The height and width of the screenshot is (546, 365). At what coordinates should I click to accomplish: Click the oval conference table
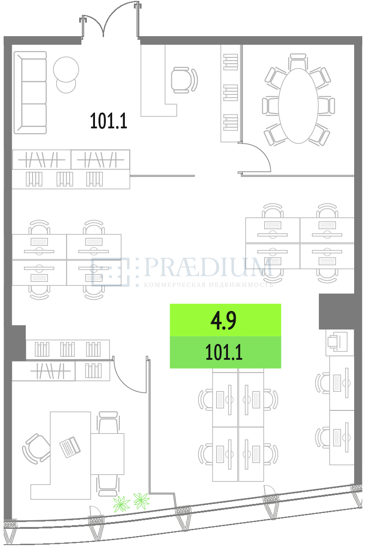298,106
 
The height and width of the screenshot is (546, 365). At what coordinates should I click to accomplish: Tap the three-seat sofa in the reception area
30,93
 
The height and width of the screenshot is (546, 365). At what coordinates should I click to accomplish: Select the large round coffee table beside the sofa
66,69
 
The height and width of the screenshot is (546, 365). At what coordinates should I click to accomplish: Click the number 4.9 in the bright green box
223,320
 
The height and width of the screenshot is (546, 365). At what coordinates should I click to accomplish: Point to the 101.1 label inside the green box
224,352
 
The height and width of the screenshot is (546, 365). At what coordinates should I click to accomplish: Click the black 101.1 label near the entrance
109,121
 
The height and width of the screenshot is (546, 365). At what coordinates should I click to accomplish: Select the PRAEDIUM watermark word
208,267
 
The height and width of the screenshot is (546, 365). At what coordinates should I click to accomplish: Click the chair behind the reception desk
184,80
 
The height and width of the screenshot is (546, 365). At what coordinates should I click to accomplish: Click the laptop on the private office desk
70,447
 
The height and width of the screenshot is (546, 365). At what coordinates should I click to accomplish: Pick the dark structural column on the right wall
337,311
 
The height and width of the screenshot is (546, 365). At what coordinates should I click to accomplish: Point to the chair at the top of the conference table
298,61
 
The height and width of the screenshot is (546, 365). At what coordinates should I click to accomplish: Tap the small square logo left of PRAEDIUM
110,272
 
